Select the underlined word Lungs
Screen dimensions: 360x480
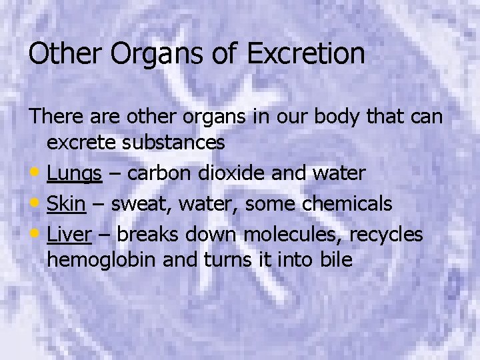coord(74,174)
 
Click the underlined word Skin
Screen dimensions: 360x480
coord(66,203)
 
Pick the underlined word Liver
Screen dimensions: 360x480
coord(70,234)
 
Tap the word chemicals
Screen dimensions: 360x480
coord(347,203)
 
